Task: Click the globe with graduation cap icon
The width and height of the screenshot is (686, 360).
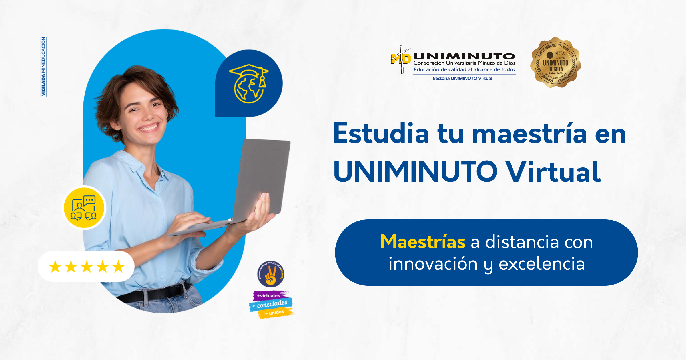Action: coord(249,83)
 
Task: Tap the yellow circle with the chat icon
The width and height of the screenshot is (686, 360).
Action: coord(84,208)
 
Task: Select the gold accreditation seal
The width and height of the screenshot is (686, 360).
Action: coord(555,63)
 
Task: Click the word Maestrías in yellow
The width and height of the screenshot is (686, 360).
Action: coord(423,242)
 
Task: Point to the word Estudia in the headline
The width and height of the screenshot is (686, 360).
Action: coord(381,134)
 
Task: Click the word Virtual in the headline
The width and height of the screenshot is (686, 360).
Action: coord(553,172)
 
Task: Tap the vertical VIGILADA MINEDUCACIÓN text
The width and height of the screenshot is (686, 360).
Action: coord(43,66)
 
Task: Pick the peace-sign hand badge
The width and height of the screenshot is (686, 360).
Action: coord(270,274)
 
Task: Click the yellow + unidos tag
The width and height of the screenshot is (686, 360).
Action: coord(274,313)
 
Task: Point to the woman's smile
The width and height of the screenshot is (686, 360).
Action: coord(149,127)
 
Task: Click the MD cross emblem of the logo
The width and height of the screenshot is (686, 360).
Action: coord(401,59)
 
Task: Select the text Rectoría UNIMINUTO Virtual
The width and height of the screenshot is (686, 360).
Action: coord(462,78)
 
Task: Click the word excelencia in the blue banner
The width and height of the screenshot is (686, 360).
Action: coord(542,264)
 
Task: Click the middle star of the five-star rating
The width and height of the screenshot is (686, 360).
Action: coord(87,267)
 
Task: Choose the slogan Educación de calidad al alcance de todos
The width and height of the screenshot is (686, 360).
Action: coord(464,69)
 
